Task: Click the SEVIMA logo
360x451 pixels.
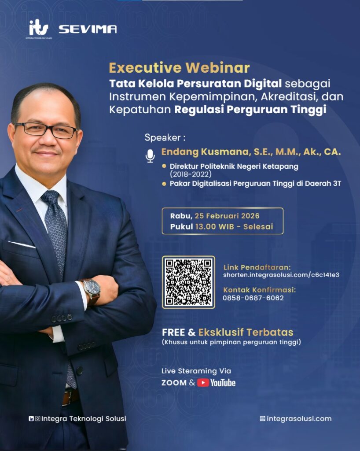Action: pos(88,29)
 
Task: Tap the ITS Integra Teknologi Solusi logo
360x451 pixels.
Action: pos(39,29)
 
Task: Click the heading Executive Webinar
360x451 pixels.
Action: pos(179,68)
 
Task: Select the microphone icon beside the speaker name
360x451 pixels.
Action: pos(151,156)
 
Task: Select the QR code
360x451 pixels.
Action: pos(188,282)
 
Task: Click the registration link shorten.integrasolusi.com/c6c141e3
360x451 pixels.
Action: pos(281,275)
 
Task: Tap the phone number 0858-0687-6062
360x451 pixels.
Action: pos(253,298)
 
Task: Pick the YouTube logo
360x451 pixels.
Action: pos(216,383)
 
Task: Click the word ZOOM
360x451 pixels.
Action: pos(174,383)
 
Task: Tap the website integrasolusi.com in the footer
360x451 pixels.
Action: pos(299,418)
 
